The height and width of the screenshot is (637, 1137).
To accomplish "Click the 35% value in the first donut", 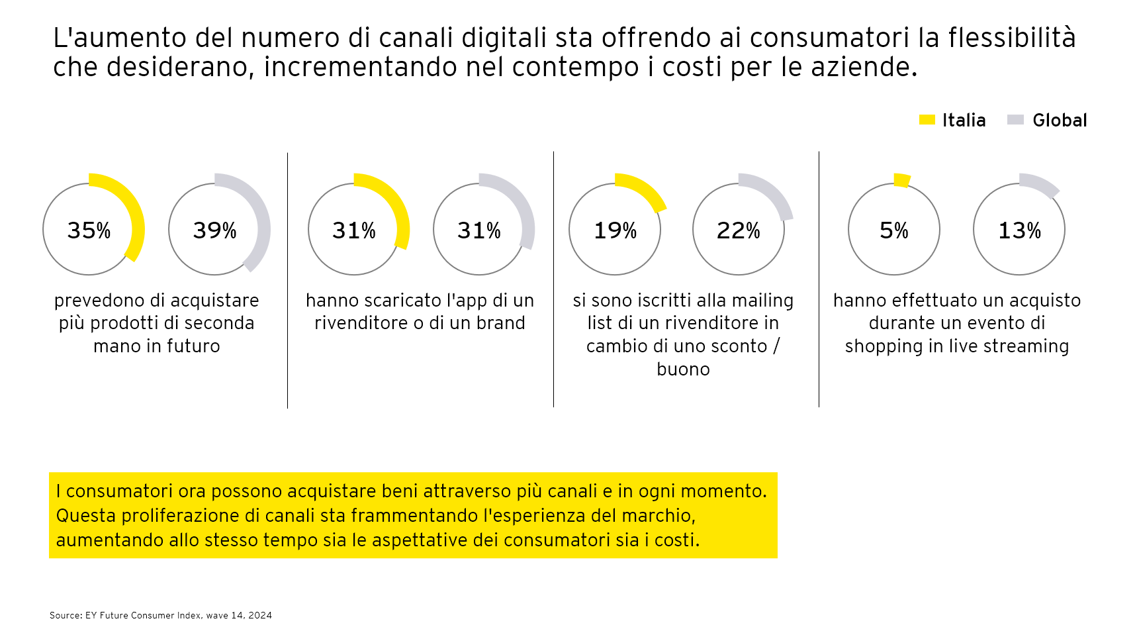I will pyautogui.click(x=89, y=230).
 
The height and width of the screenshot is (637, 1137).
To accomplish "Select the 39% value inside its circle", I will pyautogui.click(x=214, y=230).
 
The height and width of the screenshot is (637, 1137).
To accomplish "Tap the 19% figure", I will pyautogui.click(x=615, y=230).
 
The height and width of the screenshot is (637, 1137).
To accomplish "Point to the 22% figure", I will pyautogui.click(x=739, y=230).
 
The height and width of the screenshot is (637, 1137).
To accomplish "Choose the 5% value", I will pyautogui.click(x=894, y=230).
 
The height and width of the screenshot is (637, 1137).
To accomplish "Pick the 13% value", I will pyautogui.click(x=1019, y=230).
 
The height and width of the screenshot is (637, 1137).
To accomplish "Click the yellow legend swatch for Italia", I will pyautogui.click(x=927, y=120).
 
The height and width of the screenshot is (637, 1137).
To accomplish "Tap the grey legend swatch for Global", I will pyautogui.click(x=1015, y=120).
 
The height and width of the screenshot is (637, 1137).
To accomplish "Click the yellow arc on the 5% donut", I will pyautogui.click(x=901, y=180).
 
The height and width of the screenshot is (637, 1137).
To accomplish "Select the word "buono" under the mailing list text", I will pyautogui.click(x=683, y=369).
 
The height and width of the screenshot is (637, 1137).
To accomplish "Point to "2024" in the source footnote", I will pyautogui.click(x=260, y=615).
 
